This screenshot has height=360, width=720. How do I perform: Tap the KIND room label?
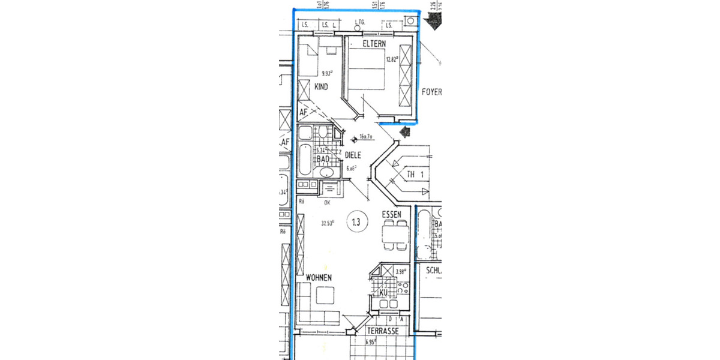pos(322,87)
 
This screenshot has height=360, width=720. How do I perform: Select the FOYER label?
pos(431,92)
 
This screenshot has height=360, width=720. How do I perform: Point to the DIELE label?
pos(354,155)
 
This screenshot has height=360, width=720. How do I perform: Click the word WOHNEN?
pos(319,278)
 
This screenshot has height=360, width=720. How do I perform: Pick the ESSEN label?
pos(395,214)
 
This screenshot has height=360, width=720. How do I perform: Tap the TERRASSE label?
pos(383,331)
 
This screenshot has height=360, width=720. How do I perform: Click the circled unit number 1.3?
pos(356,222)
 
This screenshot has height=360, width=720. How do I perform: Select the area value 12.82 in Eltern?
pos(392,59)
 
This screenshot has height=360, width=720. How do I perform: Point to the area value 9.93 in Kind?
pos(327,73)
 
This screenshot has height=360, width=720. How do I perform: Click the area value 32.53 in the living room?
pos(328,223)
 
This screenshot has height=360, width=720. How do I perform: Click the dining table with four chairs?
pos(395,234)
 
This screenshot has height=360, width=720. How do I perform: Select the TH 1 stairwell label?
pos(416,175)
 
